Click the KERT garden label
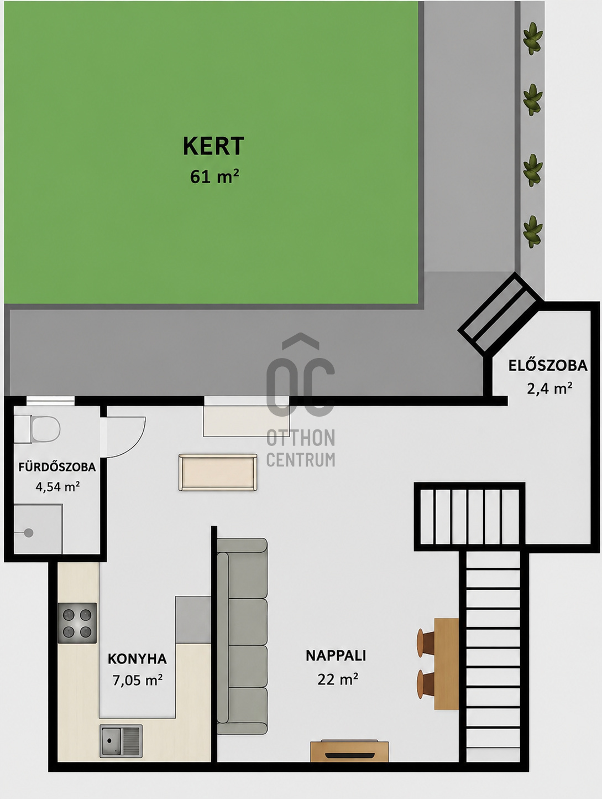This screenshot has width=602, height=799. [x=213, y=146]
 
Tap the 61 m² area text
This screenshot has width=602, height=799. [x=214, y=177]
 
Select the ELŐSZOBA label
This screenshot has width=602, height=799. [x=548, y=365]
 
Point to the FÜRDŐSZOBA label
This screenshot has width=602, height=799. [x=57, y=467]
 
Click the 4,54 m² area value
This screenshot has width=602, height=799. [x=57, y=487]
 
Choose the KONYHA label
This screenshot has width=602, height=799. [x=137, y=659]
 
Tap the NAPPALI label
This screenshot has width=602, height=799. [x=336, y=656]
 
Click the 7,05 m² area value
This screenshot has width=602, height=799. [x=137, y=679]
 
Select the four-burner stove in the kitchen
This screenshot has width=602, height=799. [x=77, y=623]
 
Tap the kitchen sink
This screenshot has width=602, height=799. [x=121, y=741]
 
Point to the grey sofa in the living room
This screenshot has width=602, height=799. [x=242, y=636]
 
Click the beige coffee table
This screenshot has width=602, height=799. [x=218, y=472]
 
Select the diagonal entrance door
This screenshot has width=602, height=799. [x=501, y=313]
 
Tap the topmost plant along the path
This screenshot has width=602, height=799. [x=533, y=39]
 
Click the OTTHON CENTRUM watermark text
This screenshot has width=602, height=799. [x=301, y=448]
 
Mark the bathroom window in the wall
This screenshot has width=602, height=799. [x=50, y=401]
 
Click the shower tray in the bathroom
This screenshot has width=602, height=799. [x=38, y=529]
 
